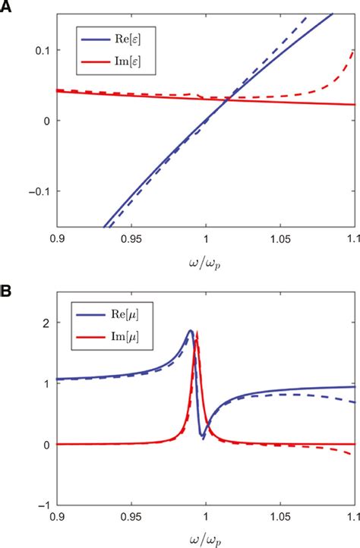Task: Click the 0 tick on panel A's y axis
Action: pos(46,121)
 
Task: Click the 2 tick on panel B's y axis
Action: pos(46,323)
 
